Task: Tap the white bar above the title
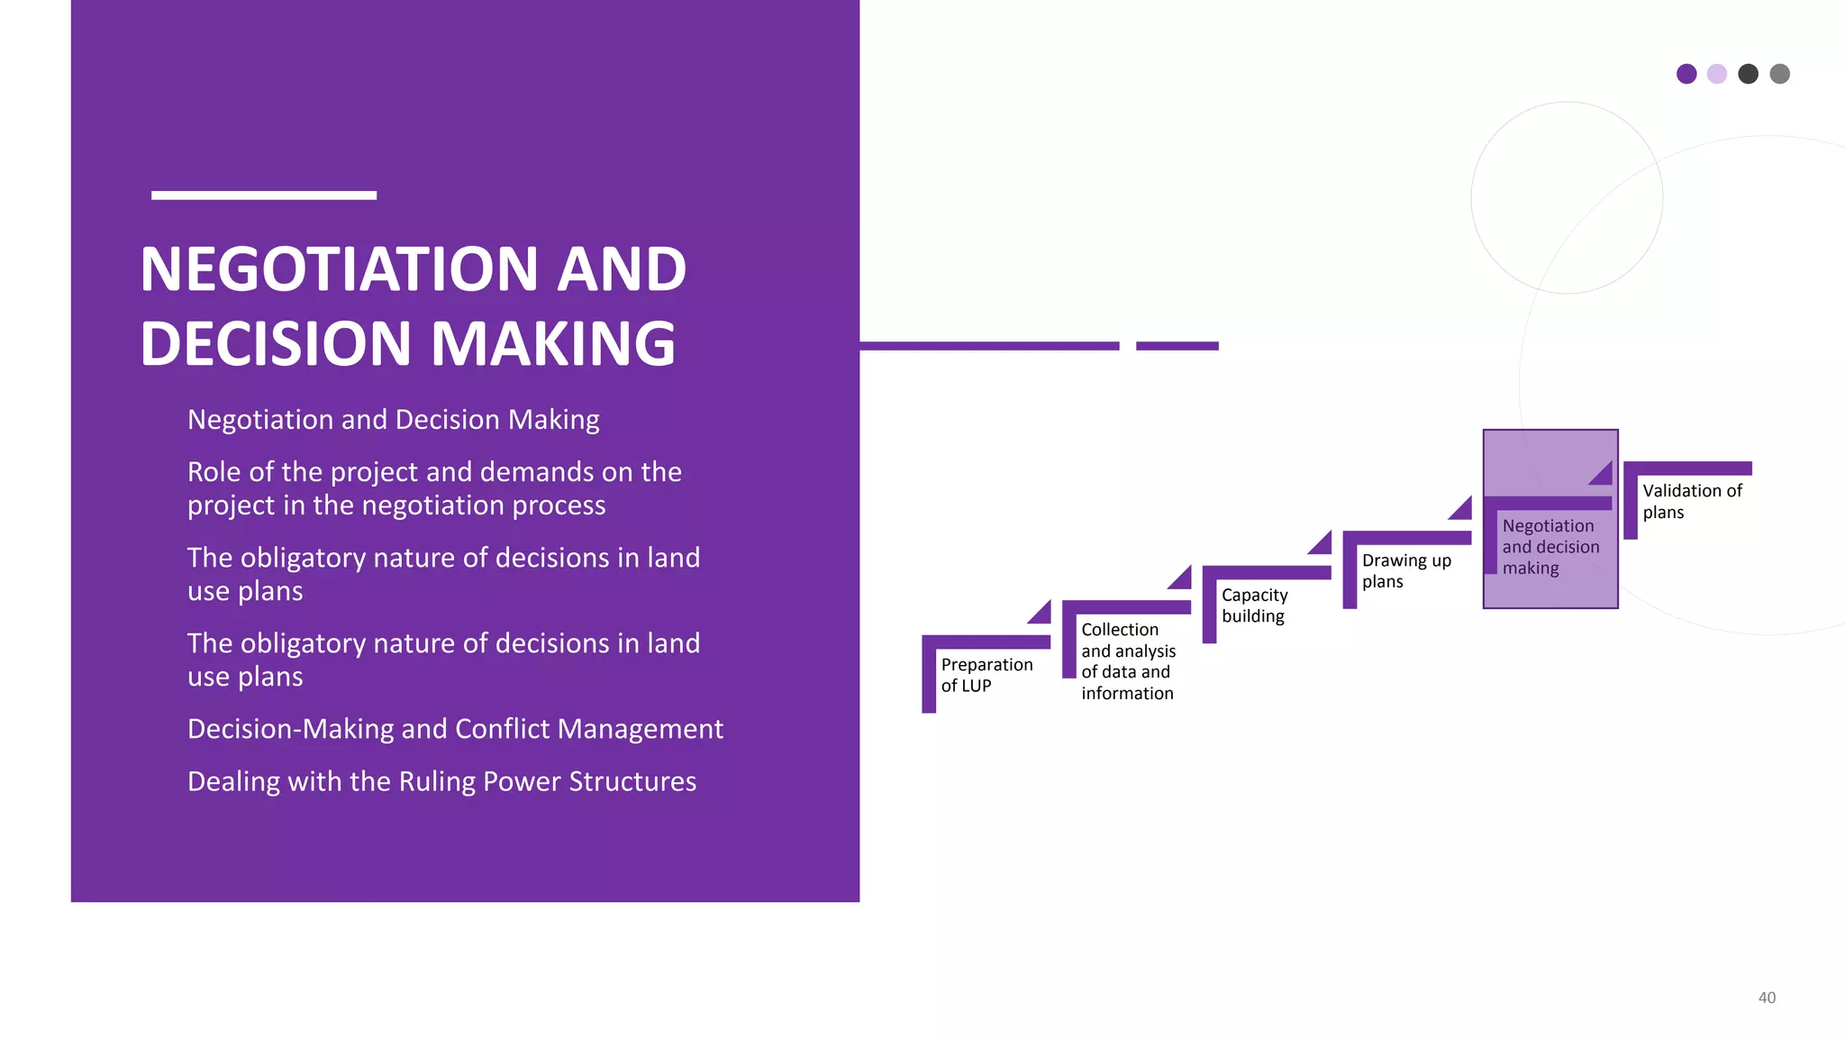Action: [263, 195]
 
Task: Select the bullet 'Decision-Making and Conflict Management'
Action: [455, 728]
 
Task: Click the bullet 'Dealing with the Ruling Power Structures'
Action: [441, 780]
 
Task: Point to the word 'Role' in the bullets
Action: [214, 471]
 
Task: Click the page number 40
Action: [1767, 997]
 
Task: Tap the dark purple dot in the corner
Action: [1686, 74]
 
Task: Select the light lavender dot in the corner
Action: [1717, 74]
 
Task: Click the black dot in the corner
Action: [1748, 74]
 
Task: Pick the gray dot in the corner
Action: [1779, 74]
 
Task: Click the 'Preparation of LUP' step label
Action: [986, 675]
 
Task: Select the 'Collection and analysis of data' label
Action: [1127, 660]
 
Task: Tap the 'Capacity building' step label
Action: [1253, 605]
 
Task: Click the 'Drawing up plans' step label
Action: [1405, 570]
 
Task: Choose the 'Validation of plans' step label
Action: [1691, 501]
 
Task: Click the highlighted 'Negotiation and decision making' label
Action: [1550, 546]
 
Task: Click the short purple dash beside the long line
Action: [1177, 346]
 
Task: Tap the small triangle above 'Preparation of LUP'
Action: [1042, 615]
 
